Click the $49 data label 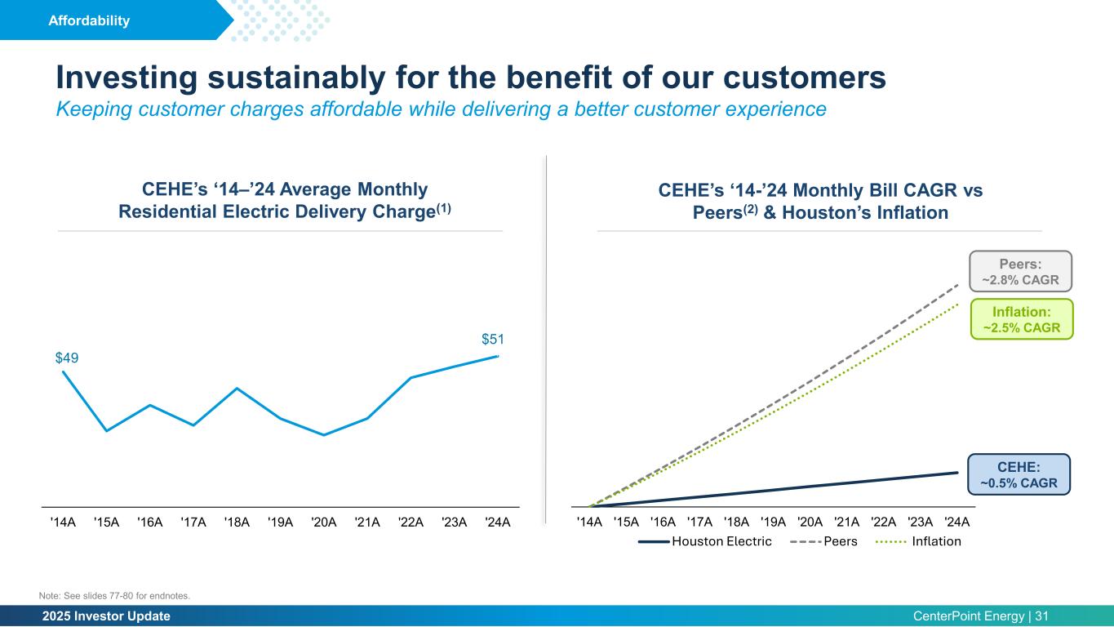[67, 358]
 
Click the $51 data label [492, 340]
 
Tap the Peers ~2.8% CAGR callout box [1019, 271]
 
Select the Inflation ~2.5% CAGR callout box [1020, 319]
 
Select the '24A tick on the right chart [956, 522]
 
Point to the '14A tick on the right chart [589, 522]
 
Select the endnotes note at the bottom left [114, 596]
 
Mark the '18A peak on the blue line [237, 388]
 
